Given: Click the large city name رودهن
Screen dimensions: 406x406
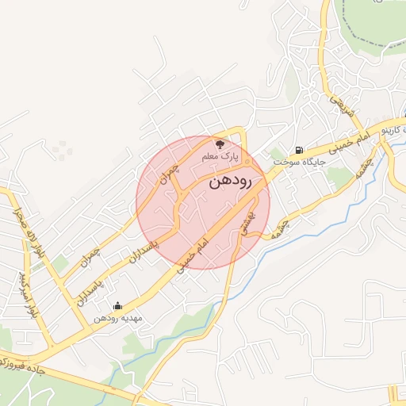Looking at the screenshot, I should [230, 182].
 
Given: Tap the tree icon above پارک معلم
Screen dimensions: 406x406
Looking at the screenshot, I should [220, 144].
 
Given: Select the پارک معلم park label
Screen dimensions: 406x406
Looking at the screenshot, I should [220, 157].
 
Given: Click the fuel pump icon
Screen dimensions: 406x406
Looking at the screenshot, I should [298, 150].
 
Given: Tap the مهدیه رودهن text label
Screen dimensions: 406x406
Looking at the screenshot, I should [118, 318].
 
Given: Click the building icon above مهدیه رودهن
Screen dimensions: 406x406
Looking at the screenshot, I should [118, 305].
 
